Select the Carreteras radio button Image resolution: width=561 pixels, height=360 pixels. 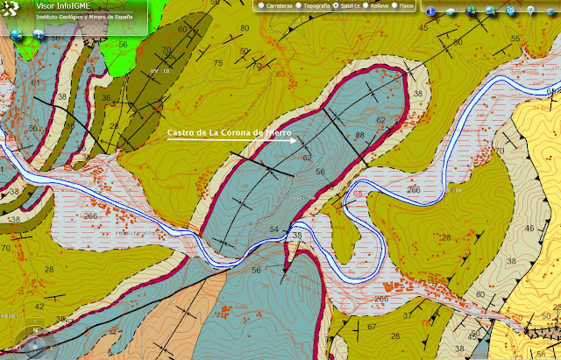pos(261,6)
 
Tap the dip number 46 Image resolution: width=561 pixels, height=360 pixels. pos(529,228)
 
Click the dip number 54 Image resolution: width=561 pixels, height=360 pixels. pos(273,229)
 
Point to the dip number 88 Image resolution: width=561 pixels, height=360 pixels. pos(359,135)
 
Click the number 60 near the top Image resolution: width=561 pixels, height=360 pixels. pos(182,29)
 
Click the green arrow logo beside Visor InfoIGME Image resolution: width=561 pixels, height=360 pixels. pos(11,11)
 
